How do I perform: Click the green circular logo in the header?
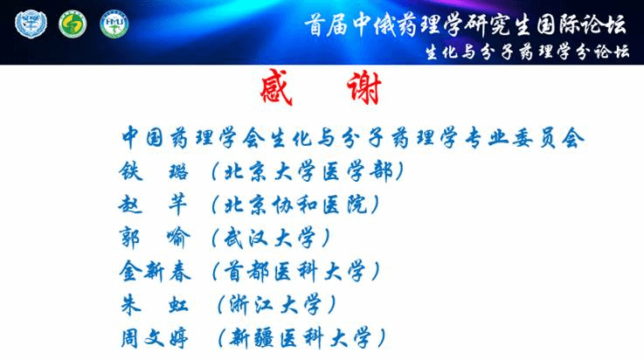click(x=73, y=24)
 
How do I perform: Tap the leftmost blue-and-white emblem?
click(x=31, y=24)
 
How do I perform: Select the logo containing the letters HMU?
click(x=114, y=24)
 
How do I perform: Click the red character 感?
click(x=276, y=87)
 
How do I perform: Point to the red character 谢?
click(x=364, y=88)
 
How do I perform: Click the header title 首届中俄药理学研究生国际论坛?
click(x=465, y=25)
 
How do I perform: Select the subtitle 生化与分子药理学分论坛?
click(x=527, y=52)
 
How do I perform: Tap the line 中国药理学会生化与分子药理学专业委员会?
click(x=352, y=137)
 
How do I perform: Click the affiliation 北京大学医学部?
click(x=308, y=171)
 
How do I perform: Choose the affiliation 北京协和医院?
click(x=295, y=204)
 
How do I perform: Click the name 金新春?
click(x=155, y=272)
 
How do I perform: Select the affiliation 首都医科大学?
click(x=294, y=272)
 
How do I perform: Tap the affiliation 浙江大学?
click(x=275, y=305)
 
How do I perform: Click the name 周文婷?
click(x=155, y=338)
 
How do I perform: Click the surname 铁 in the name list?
click(x=131, y=171)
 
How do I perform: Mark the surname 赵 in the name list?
click(x=130, y=204)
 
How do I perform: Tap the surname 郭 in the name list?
click(x=130, y=238)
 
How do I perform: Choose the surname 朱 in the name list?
click(x=131, y=305)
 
